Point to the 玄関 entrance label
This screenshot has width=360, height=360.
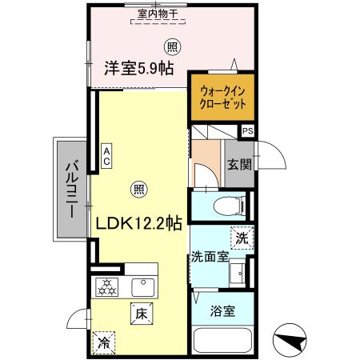(238, 166)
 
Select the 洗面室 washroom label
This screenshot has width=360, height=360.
(210, 257)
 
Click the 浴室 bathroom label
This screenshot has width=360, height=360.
(223, 311)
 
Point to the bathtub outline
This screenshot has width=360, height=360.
(223, 339)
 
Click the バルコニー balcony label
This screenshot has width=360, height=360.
(70, 188)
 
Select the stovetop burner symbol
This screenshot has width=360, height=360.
(107, 286)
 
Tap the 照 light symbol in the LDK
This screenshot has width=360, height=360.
(138, 189)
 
